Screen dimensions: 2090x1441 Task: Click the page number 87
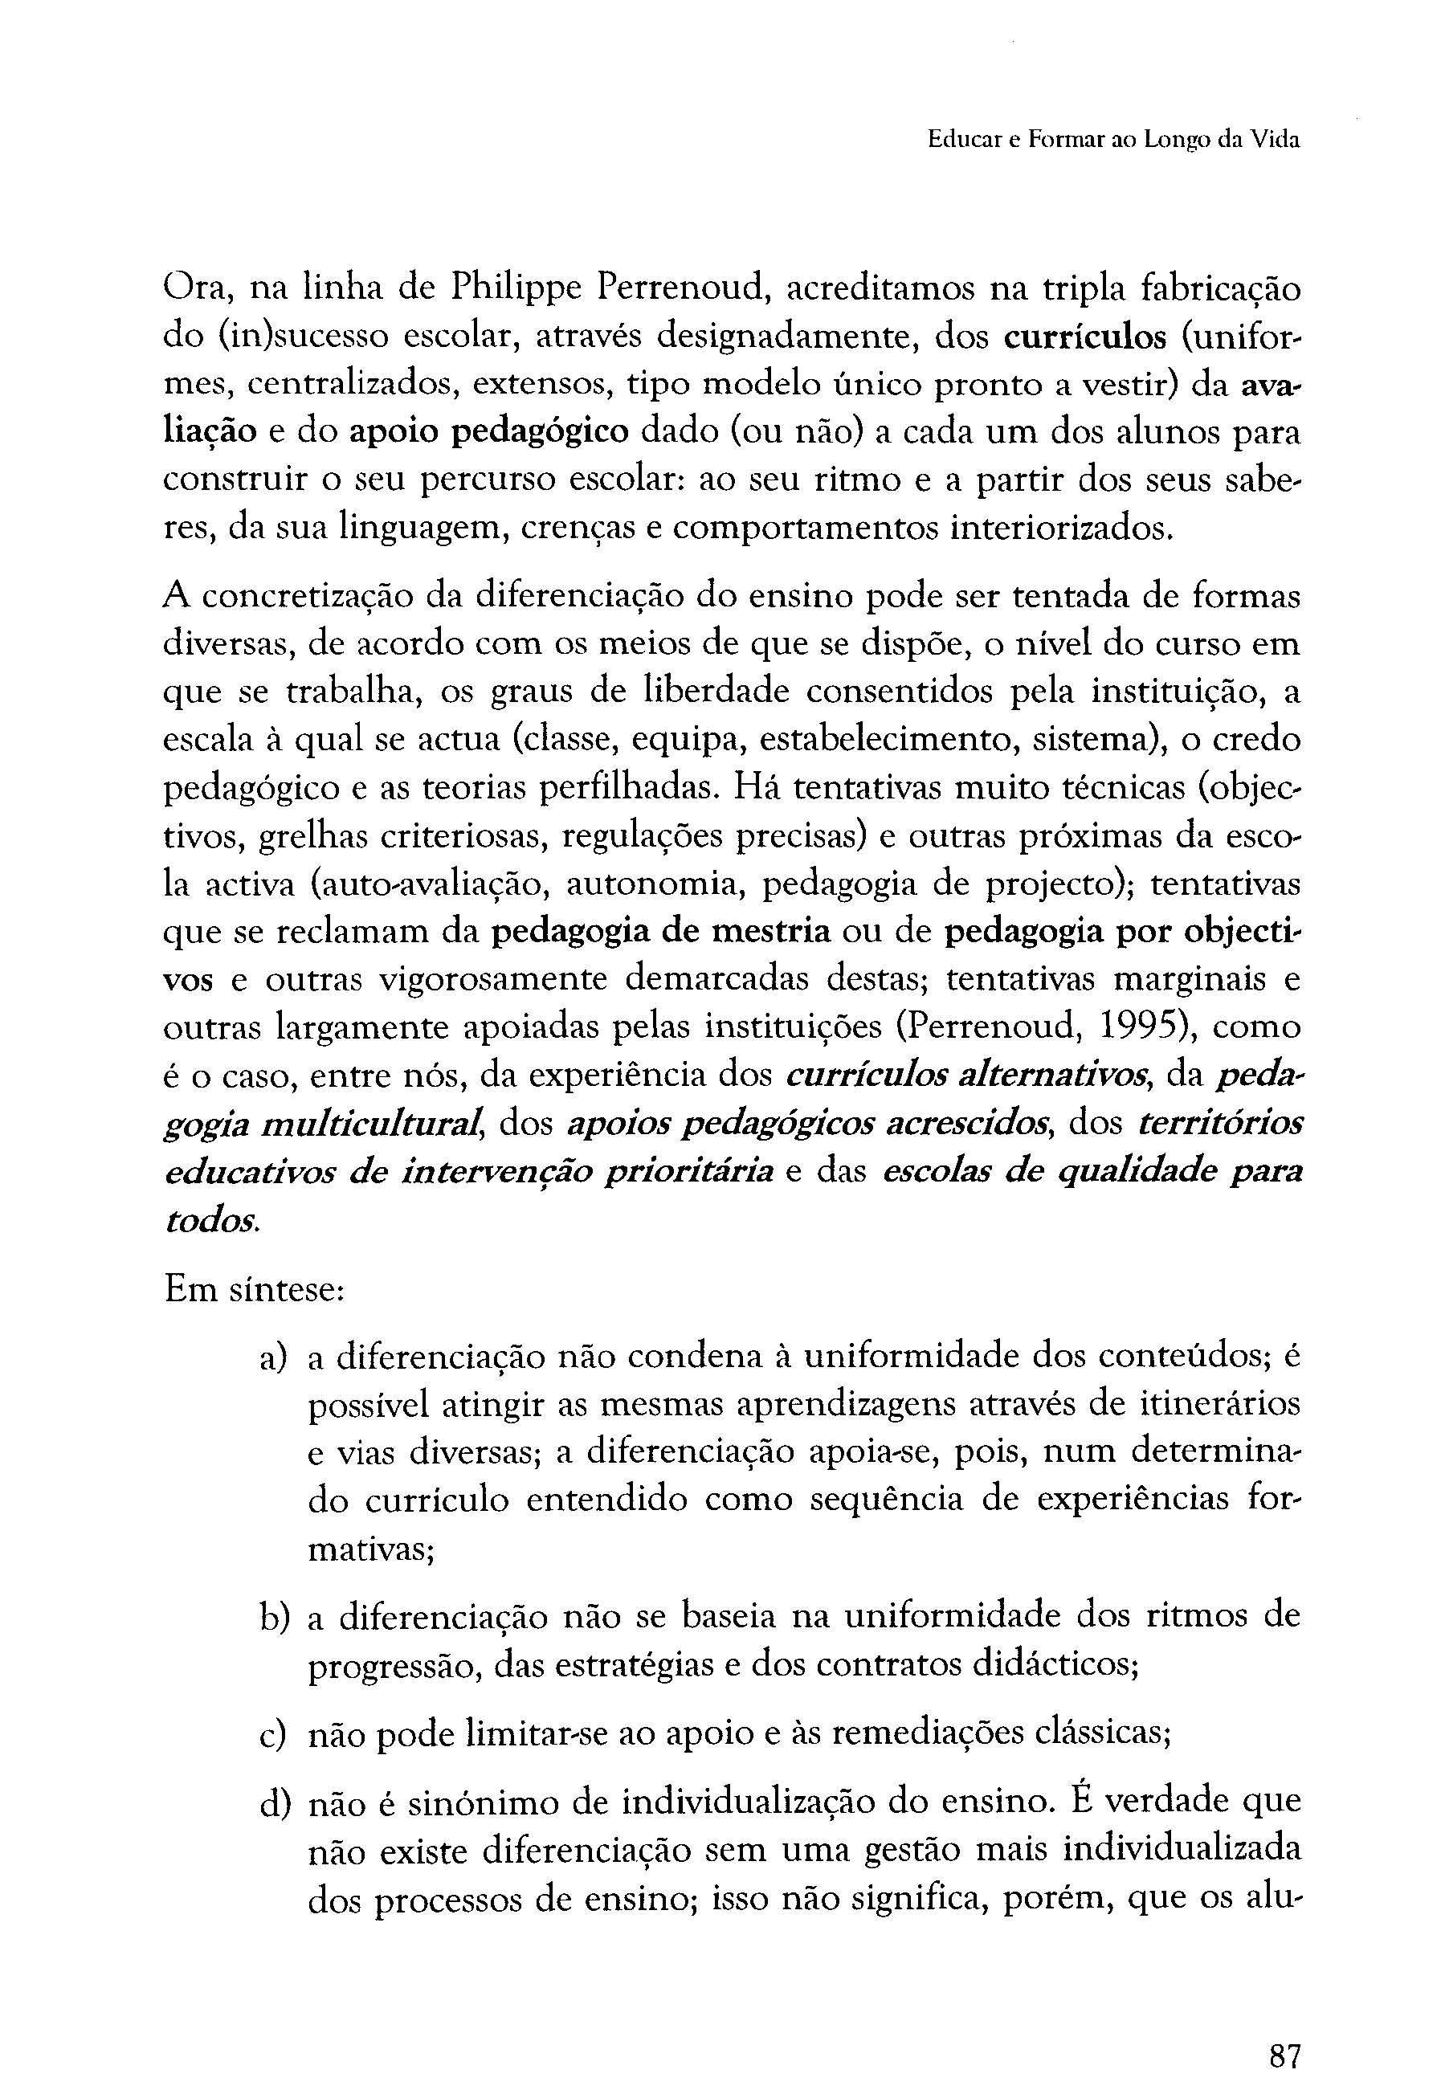tap(1284, 2031)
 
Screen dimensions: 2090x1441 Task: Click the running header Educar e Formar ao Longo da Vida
tap(1114, 141)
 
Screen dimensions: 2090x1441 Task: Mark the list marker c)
tap(274, 1734)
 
